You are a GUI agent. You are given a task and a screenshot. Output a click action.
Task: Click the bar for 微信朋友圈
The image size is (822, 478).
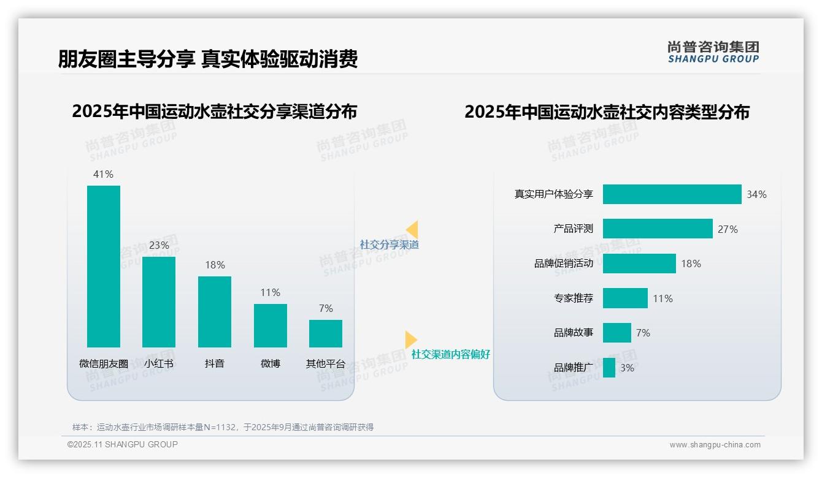[104, 267]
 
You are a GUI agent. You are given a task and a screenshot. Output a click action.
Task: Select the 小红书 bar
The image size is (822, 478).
[159, 302]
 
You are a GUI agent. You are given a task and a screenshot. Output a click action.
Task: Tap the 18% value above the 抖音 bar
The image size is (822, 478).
[215, 265]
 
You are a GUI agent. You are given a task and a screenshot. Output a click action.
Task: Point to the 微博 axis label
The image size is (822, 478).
[271, 363]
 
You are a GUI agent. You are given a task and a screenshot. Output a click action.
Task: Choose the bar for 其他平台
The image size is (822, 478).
[326, 334]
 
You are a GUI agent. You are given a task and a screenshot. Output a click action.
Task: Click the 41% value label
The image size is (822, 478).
[103, 174]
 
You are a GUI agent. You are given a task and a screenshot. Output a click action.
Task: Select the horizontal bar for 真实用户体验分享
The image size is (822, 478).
[672, 194]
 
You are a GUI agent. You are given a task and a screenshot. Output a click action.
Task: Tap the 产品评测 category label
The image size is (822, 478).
[573, 229]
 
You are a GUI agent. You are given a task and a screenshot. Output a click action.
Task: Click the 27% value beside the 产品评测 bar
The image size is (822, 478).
[728, 229]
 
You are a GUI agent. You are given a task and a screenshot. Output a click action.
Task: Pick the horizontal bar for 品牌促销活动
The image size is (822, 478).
[639, 264]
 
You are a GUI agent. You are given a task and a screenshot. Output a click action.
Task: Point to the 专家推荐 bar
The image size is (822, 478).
[625, 298]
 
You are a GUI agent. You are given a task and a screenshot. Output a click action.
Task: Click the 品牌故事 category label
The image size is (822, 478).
[573, 333]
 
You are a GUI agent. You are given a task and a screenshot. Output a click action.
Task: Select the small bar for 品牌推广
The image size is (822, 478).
[609, 368]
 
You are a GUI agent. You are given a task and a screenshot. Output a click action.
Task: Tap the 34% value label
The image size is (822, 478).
[756, 194]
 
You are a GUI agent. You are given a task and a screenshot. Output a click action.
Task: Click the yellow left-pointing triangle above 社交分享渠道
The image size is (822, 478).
[412, 230]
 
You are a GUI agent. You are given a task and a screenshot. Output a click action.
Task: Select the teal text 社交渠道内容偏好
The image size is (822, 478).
[450, 354]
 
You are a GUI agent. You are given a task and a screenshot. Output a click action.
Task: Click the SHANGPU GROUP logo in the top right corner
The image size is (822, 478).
[713, 52]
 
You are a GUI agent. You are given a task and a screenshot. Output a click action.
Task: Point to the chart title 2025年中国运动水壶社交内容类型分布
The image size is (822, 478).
[607, 112]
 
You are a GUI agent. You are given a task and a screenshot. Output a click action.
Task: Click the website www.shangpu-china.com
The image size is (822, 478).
[715, 445]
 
